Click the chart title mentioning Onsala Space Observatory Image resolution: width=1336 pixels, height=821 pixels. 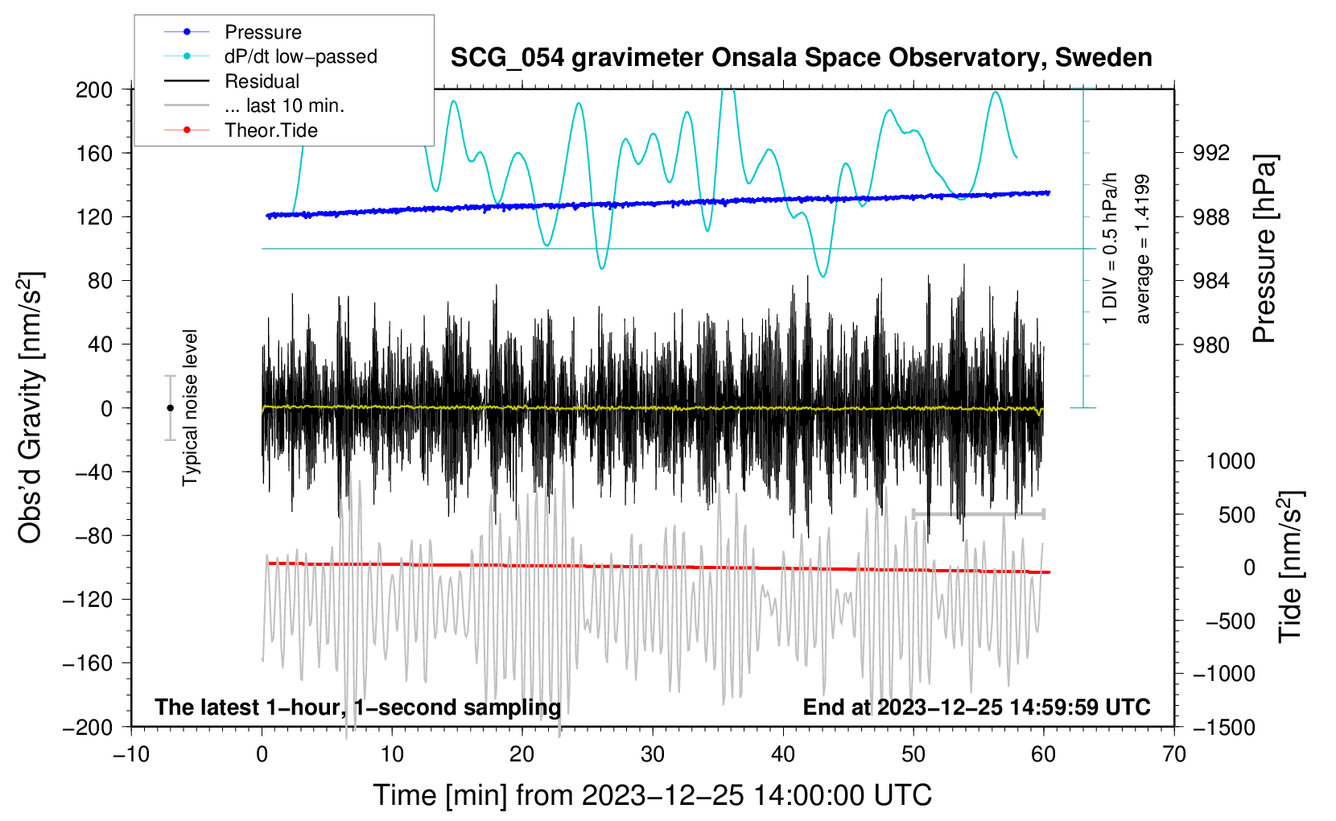[801, 58]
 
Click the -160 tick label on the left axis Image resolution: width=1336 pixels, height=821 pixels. [88, 663]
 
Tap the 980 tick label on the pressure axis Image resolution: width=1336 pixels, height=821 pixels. [1210, 344]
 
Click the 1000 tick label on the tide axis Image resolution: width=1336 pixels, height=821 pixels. [1231, 461]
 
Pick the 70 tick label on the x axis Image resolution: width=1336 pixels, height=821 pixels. [1173, 755]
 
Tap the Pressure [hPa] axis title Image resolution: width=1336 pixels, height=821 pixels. [1264, 250]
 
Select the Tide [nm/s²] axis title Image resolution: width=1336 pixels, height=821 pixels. [1291, 567]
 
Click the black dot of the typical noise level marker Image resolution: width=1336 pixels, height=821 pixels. [170, 408]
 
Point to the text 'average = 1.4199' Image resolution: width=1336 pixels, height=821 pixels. [1141, 250]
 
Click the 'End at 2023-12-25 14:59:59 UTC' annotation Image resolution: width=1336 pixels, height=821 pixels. [976, 707]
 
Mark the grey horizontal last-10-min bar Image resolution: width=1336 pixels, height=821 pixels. [978, 514]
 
